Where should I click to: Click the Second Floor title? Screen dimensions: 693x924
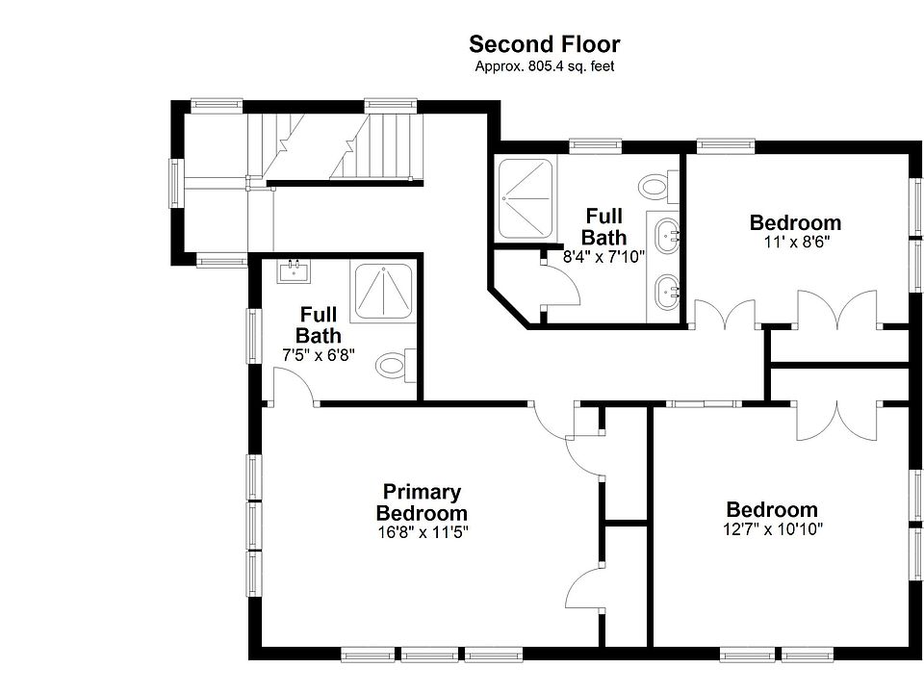coord(544,44)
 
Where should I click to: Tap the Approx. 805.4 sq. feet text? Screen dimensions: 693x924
coord(544,66)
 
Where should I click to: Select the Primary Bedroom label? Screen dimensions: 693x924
coord(422,502)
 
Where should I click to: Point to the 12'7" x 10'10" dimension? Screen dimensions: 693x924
coord(772,528)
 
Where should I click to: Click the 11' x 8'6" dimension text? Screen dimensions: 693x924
coord(795,243)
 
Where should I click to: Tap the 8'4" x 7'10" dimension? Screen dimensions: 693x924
coord(603,257)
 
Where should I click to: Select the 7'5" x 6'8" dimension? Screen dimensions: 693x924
coord(318,354)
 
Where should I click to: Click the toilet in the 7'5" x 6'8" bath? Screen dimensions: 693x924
coord(394,364)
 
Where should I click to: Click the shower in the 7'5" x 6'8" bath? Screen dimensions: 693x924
coord(383,291)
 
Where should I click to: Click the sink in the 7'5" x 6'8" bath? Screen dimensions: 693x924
coord(294,271)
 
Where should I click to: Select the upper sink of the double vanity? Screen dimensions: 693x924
coord(667,234)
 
